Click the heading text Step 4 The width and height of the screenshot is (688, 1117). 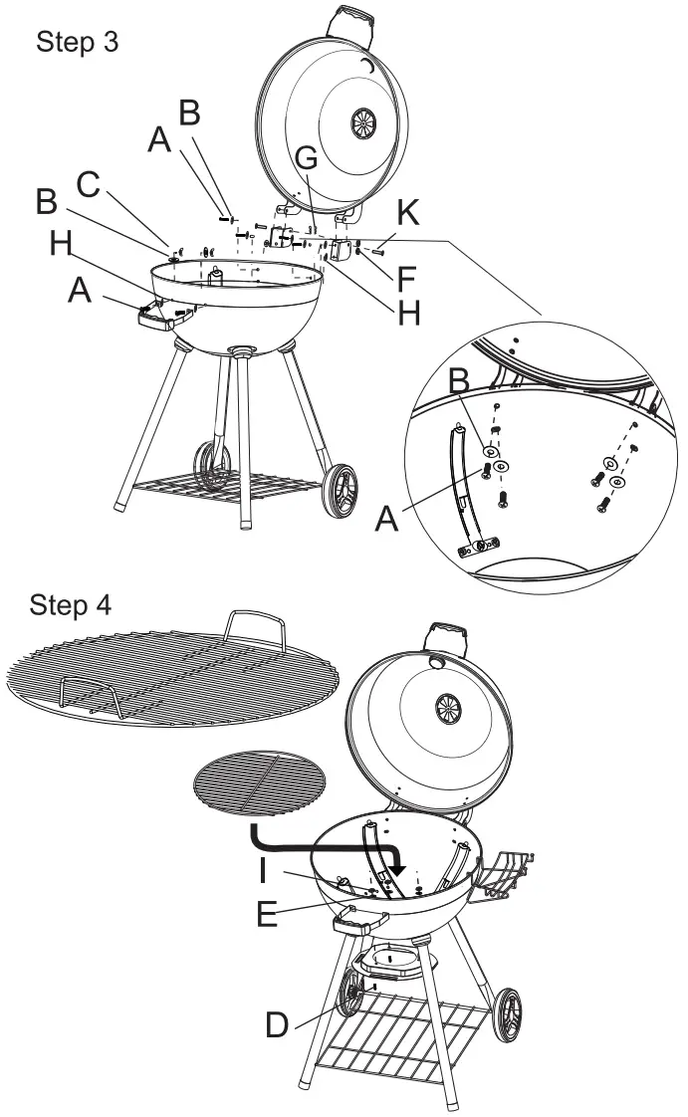(71, 603)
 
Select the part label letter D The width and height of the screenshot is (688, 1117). (278, 1024)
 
